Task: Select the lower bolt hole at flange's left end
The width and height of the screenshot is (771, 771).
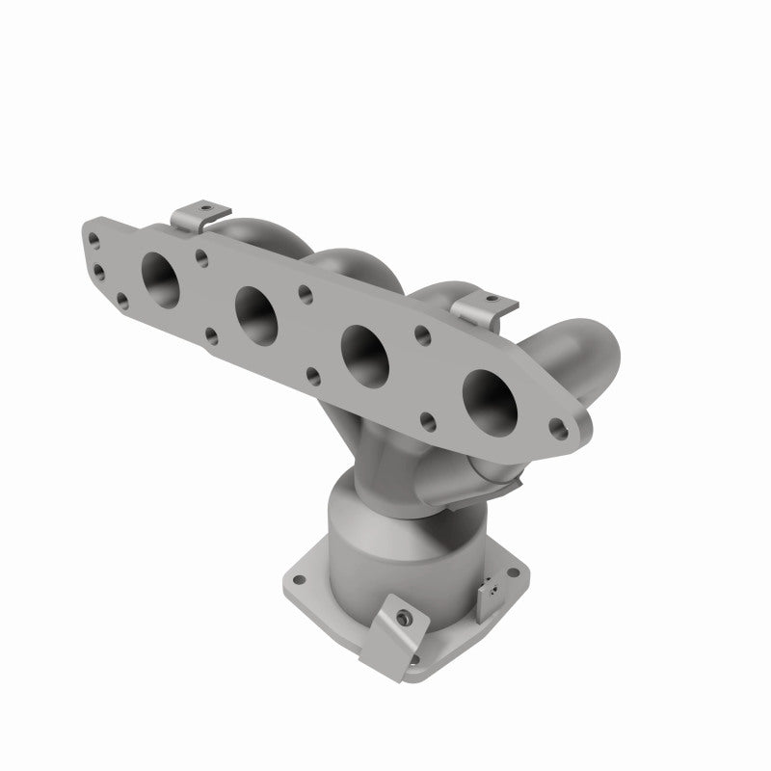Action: pyautogui.click(x=98, y=271)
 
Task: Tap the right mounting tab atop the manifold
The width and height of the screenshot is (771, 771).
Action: pyautogui.click(x=485, y=307)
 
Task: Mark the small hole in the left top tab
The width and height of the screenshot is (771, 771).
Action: pyautogui.click(x=203, y=206)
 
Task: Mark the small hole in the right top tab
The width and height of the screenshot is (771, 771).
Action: pyautogui.click(x=489, y=297)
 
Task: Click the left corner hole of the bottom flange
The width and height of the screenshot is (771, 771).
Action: pyautogui.click(x=299, y=581)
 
